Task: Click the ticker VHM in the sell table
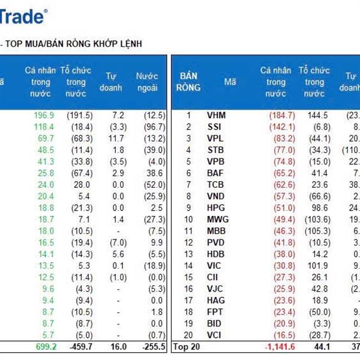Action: coord(217,115)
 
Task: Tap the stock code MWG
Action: coord(217,219)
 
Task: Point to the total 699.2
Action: coord(44,346)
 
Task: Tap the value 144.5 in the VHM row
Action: coord(317,115)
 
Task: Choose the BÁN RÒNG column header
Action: coord(188,82)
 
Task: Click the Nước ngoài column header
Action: coord(146,82)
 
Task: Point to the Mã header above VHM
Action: coord(230,82)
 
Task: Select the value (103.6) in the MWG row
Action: coord(317,219)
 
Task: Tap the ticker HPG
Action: coord(217,208)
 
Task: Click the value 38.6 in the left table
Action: coord(149,173)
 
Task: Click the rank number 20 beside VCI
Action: coord(188,334)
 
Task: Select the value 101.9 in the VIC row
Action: coord(318,265)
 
